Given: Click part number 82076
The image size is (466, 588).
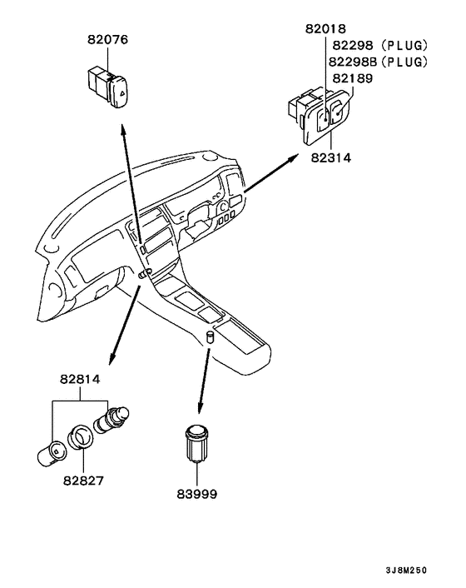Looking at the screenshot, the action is coord(107,40).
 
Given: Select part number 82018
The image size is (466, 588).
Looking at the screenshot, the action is coord(325,29).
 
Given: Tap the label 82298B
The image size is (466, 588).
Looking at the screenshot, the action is coord(353,62).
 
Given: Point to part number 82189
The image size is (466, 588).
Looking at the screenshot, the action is coord(353,78).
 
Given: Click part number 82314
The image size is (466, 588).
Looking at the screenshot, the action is coord(331,158).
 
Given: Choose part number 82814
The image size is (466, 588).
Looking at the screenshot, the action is coord(80,379).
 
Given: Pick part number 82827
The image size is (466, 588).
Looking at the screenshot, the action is coord(83,481).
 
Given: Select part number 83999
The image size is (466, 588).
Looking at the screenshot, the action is coord(197,494).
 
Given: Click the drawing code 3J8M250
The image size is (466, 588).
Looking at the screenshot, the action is coord(406,571).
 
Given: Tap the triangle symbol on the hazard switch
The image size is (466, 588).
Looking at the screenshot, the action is coord(123,92).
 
